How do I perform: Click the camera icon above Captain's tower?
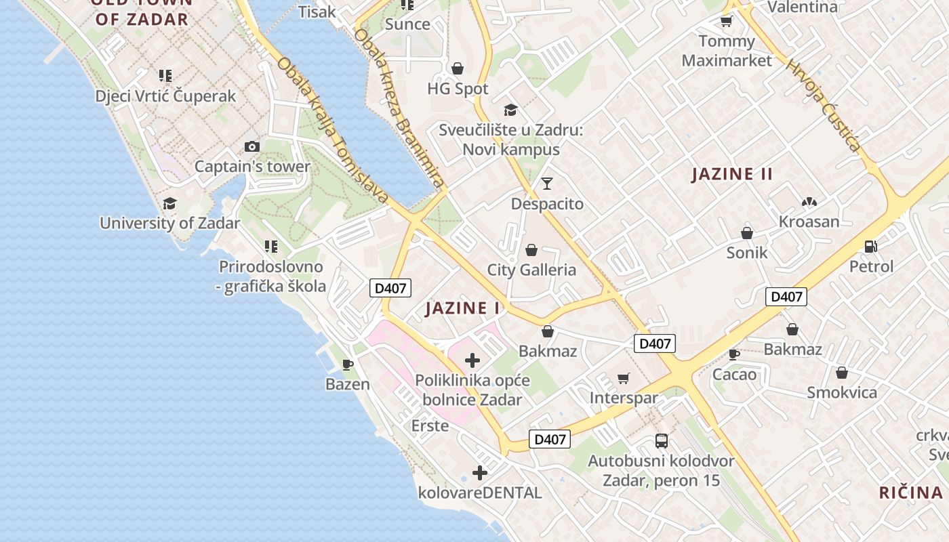pos(251,146)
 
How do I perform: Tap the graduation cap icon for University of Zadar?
pos(169,203)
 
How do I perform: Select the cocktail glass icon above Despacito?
pos(547,183)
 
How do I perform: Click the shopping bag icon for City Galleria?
pos(531,251)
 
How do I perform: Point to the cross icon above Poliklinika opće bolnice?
pos(472,360)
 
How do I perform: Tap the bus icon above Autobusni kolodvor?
pos(662,441)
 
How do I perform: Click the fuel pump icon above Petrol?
pos(871,247)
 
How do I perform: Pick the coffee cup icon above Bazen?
pos(348,365)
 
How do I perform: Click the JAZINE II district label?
pos(732,174)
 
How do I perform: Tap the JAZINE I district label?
pos(462,309)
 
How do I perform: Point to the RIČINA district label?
pos(911,493)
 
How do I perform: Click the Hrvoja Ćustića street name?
pos(824,104)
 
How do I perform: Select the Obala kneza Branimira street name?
pos(400,108)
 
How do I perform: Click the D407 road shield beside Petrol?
pos(786,296)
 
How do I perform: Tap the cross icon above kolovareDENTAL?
pos(480,473)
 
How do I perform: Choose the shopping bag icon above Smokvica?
pos(842,373)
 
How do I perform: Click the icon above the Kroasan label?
pos(809,202)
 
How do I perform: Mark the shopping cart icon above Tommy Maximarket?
pos(727,22)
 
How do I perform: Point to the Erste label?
pos(430,425)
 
